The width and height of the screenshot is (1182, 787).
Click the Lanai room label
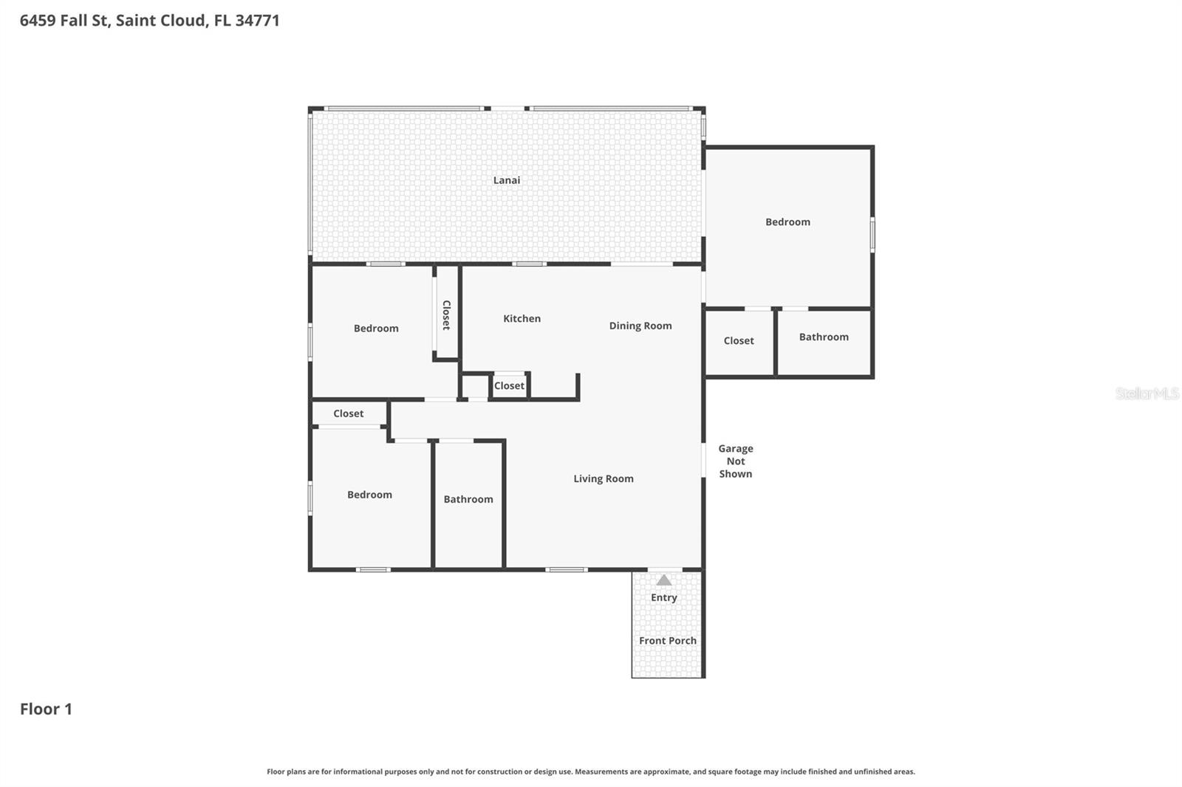coord(507,180)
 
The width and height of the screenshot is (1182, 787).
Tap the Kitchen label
coord(522,319)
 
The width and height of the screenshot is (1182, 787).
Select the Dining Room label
coord(640,326)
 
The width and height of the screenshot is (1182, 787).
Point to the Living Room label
coord(603,478)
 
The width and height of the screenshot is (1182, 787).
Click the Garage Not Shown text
coord(735,461)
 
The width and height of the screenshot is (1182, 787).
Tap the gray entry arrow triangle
coord(664,580)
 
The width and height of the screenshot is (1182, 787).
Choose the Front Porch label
coord(667,641)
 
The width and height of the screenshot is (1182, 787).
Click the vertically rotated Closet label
coord(446,315)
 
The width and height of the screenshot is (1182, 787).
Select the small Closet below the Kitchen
coord(509,385)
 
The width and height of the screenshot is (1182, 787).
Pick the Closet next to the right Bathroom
coord(739,341)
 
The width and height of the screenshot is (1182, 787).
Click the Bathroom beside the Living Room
coord(468,500)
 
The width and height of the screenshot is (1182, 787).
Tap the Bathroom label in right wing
coord(824,337)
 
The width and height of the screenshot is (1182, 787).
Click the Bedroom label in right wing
coord(788,222)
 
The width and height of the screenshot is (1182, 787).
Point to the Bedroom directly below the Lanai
coord(375,329)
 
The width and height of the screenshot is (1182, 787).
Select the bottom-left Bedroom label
coord(369,495)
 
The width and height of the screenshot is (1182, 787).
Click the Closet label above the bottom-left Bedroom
coord(348,413)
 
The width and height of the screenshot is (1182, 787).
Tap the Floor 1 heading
coord(46,709)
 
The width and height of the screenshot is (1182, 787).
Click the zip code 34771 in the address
coord(257,21)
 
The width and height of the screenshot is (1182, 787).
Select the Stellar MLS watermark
coord(1147,393)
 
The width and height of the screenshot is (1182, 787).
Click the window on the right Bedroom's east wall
coord(872,234)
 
